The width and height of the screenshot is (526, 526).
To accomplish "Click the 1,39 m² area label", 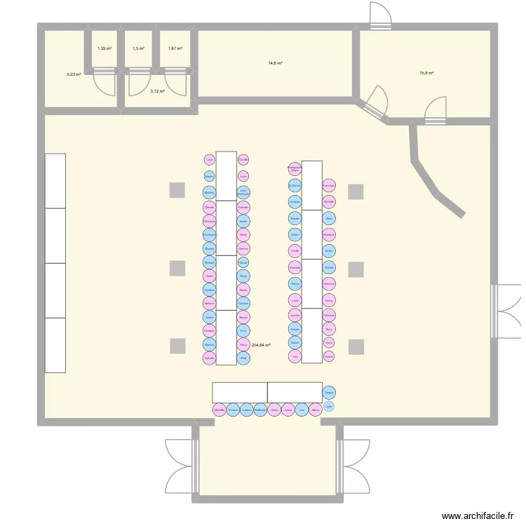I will point(104,48).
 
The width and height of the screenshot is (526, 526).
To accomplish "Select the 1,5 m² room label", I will point(138,48).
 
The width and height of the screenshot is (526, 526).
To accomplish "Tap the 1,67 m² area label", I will point(175,48).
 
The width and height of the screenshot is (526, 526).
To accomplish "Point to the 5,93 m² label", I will point(74,74).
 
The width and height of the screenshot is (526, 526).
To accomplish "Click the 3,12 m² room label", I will point(157,90).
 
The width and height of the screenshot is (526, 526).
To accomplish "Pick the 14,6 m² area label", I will point(275,63).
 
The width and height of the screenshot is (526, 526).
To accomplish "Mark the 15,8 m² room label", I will point(426,73).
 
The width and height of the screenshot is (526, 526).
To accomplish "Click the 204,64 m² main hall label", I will point(261,345).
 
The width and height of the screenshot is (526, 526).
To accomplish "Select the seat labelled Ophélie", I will point(209,358).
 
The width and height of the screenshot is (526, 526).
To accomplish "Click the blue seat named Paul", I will point(243,358).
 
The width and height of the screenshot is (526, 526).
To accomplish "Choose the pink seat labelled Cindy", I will point(274,411).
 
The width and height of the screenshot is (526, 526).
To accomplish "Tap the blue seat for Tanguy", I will point(329,393).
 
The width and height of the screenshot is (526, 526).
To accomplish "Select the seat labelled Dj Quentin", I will point(295,185).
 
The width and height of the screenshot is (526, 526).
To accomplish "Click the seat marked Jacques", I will point(295,201).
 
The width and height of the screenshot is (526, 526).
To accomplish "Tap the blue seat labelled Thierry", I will point(295,283).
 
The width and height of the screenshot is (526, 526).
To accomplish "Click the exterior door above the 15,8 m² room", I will point(380,15).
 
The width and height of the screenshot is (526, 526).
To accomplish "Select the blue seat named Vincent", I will point(233,411).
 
